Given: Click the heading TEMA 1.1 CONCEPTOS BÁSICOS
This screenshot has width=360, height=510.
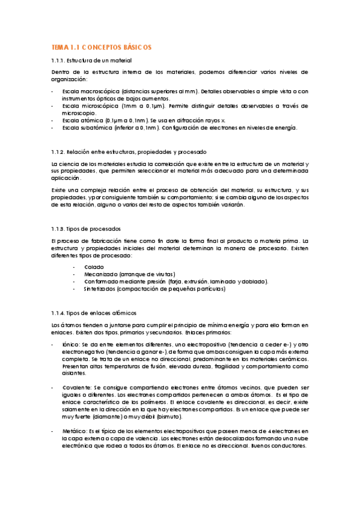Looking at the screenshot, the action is pyautogui.click(x=101, y=47).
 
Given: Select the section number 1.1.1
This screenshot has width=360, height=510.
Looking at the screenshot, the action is pyautogui.click(x=58, y=61).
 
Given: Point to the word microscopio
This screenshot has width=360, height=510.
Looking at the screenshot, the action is pyautogui.click(x=79, y=112).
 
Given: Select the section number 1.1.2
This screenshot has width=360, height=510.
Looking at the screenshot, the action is pyautogui.click(x=58, y=151).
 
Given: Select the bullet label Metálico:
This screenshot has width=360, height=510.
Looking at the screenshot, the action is pyautogui.click(x=75, y=432).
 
